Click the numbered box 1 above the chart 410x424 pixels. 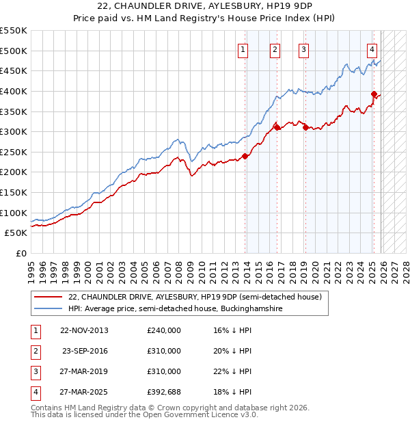coord(243,49)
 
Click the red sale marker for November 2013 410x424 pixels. coord(245,156)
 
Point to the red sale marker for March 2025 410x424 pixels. coord(374,94)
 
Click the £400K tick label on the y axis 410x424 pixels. coord(14,91)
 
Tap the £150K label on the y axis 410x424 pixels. coord(14,192)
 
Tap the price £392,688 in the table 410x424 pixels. coord(164,392)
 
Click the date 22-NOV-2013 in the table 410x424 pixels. coord(84,330)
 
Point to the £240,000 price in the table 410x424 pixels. coord(164,330)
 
